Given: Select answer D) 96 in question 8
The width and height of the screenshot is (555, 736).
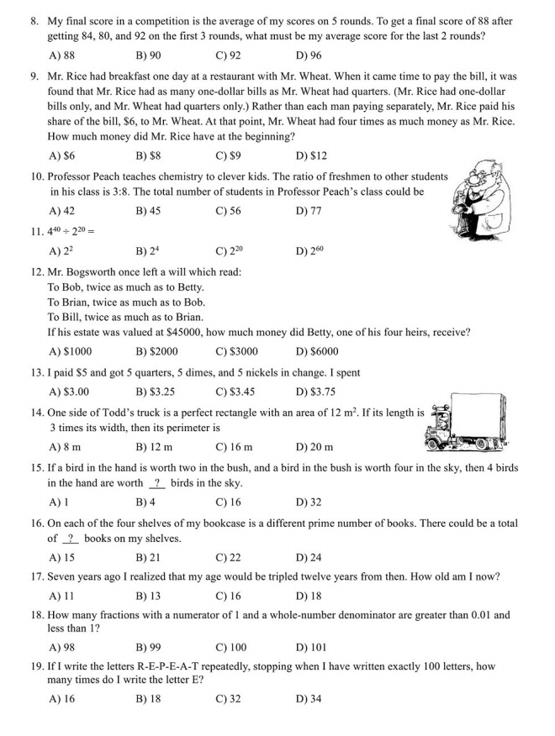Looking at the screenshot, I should [x=309, y=55].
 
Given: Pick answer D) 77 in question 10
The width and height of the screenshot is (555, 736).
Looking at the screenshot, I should [x=309, y=211].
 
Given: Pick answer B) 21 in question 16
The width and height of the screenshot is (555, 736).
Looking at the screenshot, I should [x=147, y=557].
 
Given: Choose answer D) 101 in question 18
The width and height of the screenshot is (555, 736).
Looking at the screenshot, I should [x=311, y=647].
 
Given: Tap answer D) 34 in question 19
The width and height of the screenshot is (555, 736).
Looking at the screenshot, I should [x=309, y=699].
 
